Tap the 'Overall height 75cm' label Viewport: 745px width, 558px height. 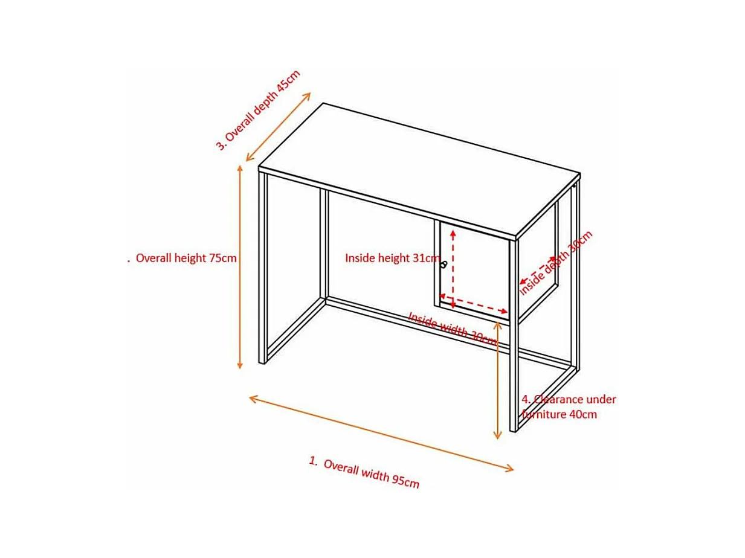tap(186, 258)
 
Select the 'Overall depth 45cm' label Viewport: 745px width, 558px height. tap(259, 110)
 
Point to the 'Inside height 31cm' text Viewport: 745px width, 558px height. tap(392, 258)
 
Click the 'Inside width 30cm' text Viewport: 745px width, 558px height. tap(452, 328)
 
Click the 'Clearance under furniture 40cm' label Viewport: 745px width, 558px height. tap(569, 407)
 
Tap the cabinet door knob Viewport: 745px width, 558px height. tap(444, 265)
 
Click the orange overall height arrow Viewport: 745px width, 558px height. tap(240, 266)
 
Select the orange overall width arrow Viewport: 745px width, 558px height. tap(381, 432)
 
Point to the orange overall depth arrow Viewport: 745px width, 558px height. tap(279, 127)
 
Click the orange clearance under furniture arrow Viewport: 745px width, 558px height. tap(497, 380)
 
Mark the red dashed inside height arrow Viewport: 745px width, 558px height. tap(453, 266)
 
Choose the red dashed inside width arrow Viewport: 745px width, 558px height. tap(474, 302)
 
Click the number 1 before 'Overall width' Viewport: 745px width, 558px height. tap(313, 461)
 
